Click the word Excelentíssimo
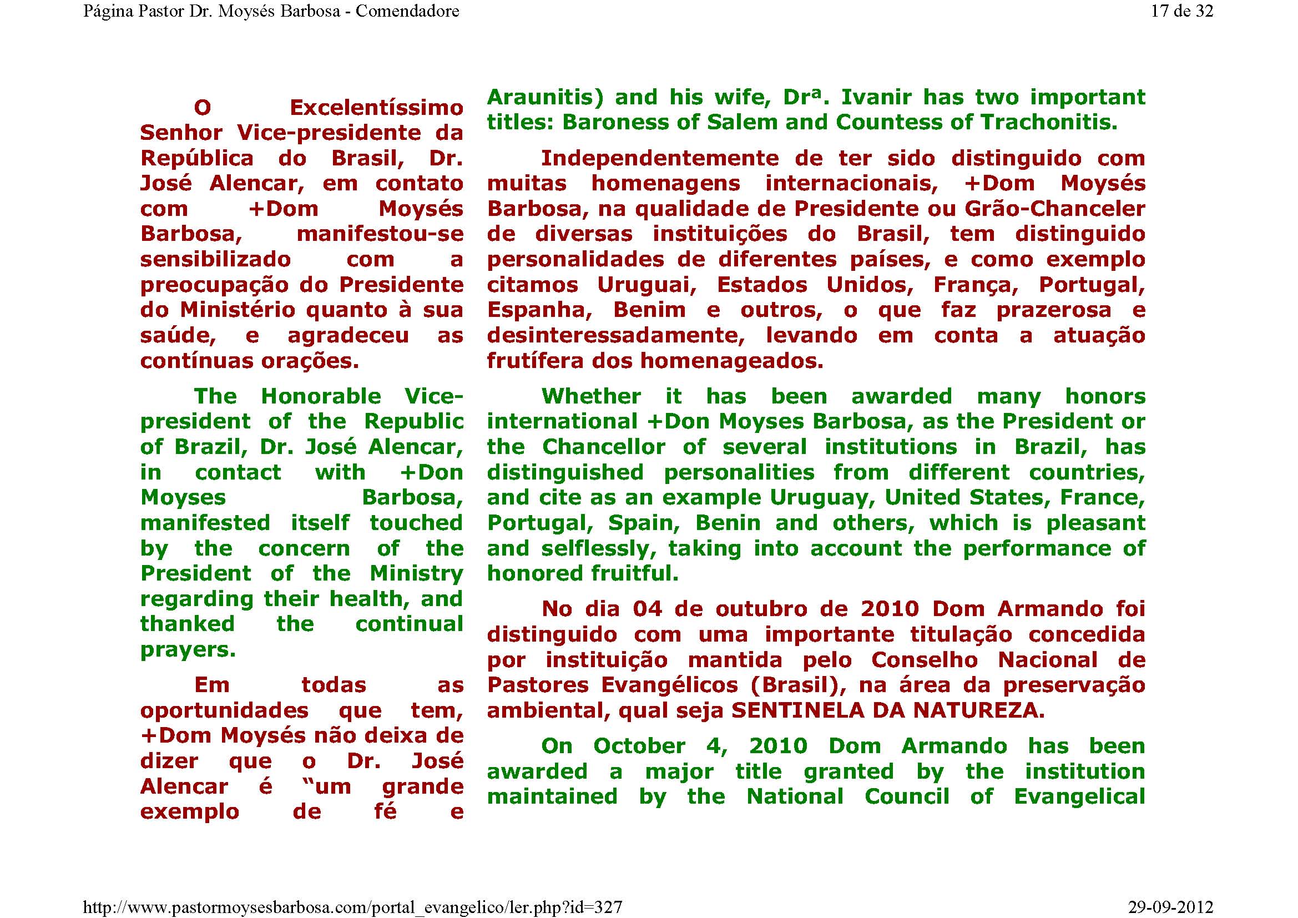(x=376, y=108)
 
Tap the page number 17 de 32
(x=1181, y=11)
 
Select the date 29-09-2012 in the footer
(x=1170, y=907)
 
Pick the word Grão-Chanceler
(x=1055, y=209)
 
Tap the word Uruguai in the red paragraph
(x=647, y=285)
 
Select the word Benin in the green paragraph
(x=728, y=523)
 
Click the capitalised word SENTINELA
(x=797, y=710)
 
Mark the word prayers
(x=188, y=650)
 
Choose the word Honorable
(x=321, y=396)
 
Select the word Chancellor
(x=604, y=447)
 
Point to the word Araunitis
(x=545, y=97)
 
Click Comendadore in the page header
(x=407, y=11)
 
